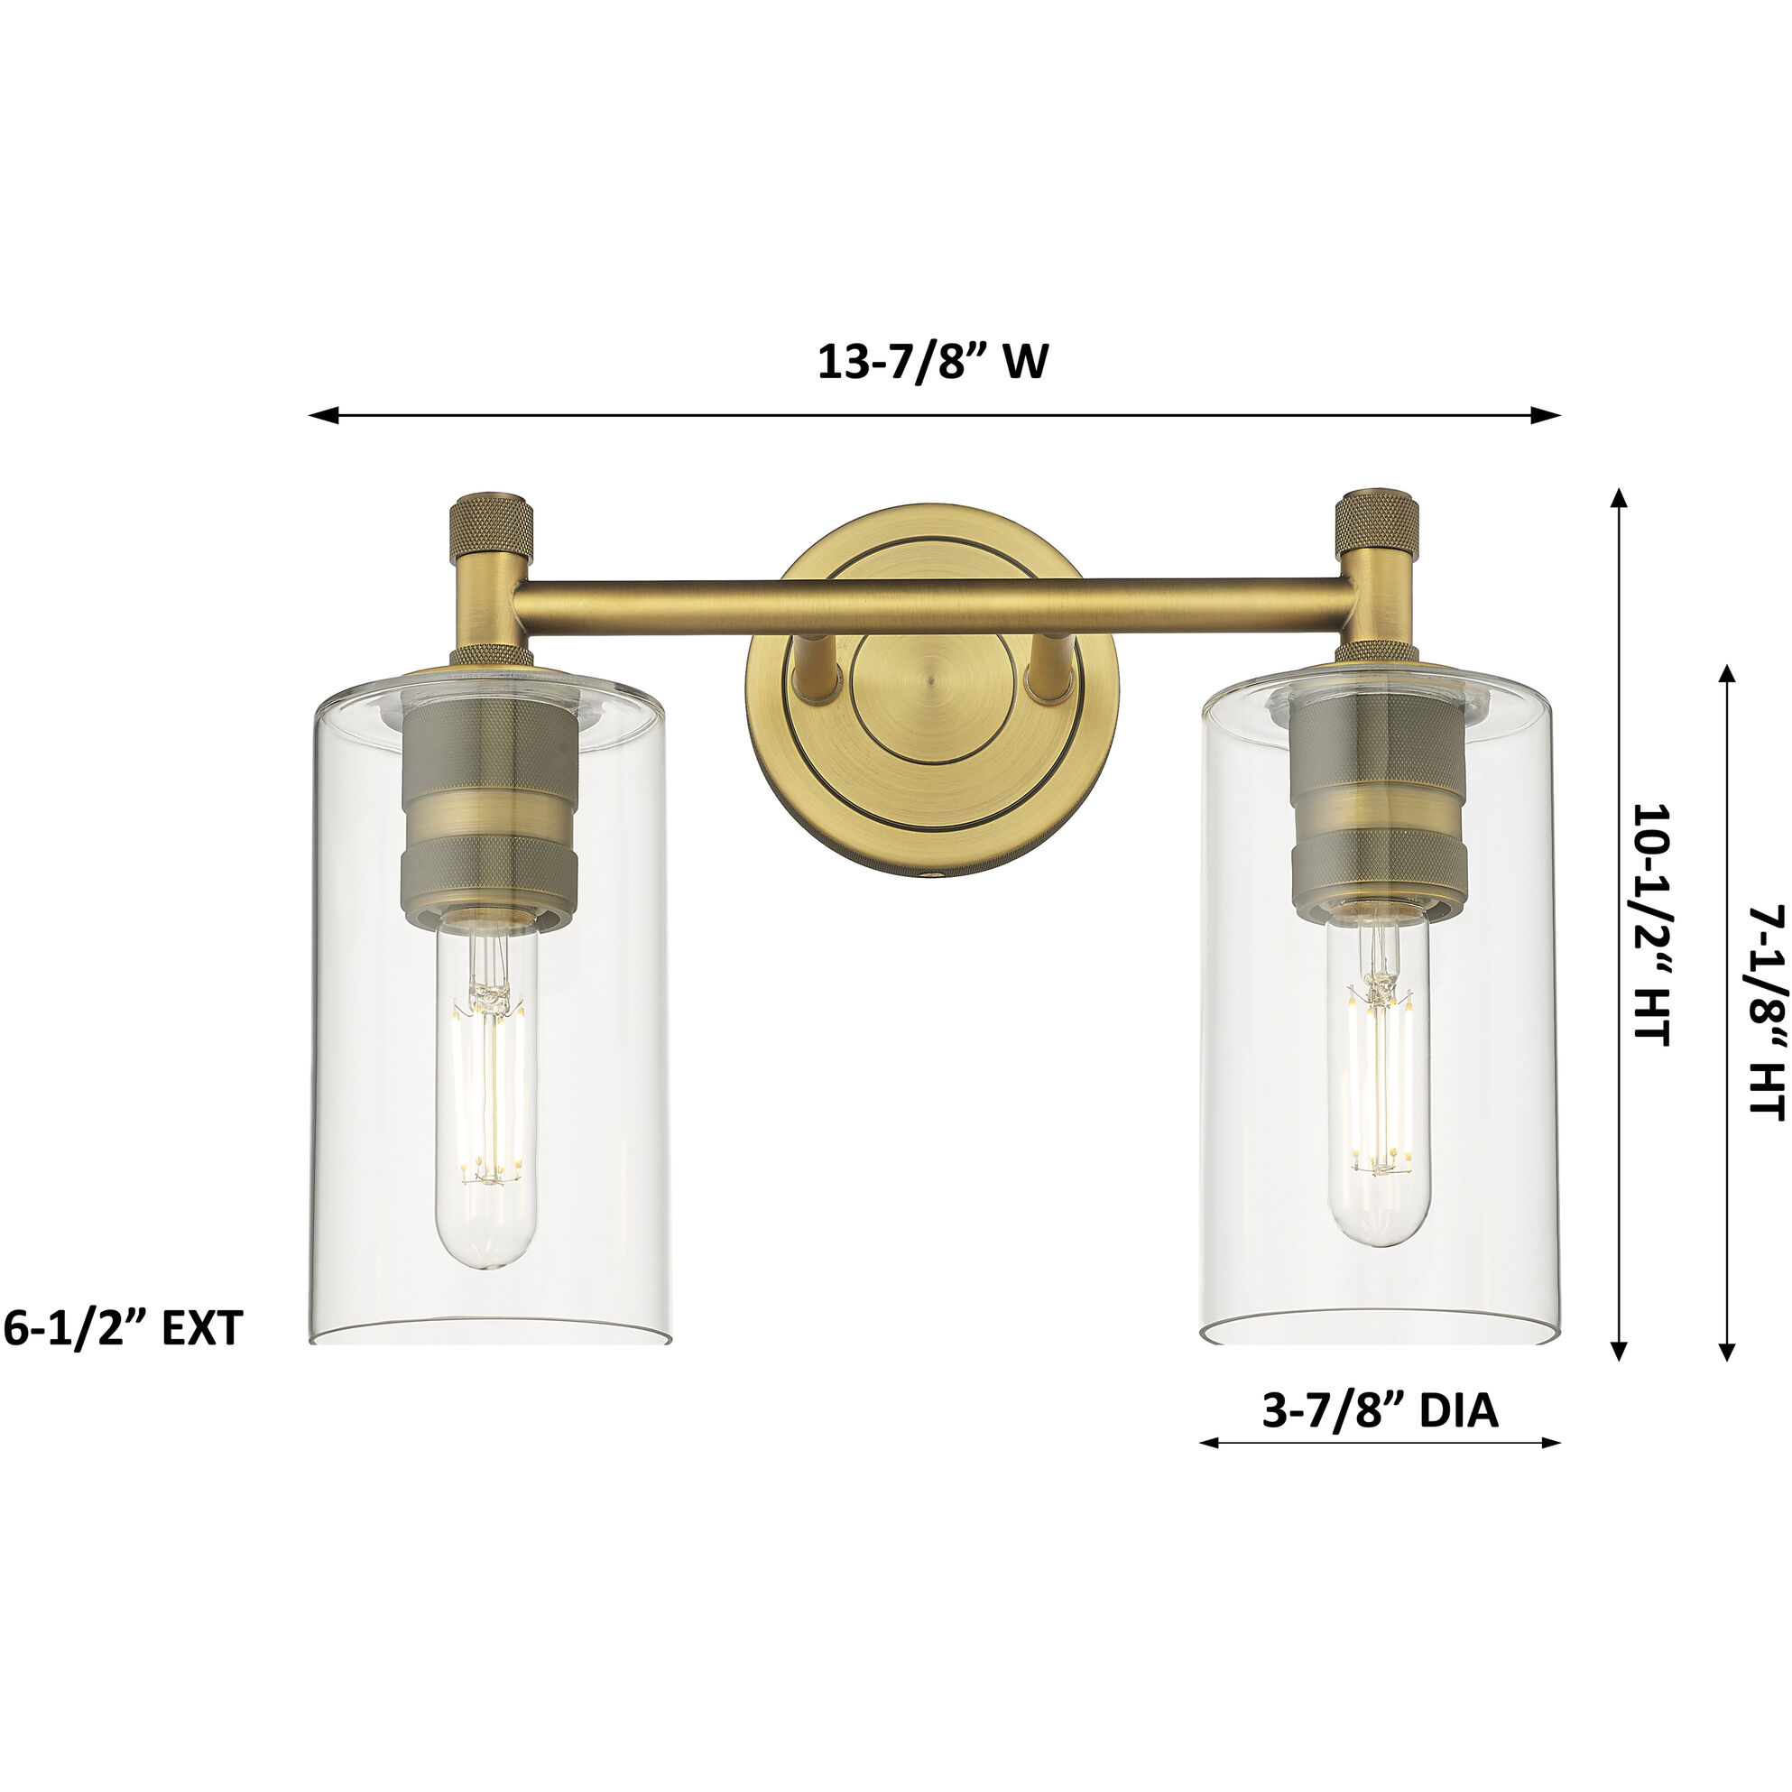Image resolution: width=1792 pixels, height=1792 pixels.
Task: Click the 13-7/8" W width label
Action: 932,362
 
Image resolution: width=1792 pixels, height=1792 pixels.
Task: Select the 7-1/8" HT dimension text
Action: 1765,1013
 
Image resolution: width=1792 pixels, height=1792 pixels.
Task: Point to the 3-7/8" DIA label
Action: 1381,1411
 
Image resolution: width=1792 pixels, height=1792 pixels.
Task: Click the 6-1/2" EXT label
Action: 123,1329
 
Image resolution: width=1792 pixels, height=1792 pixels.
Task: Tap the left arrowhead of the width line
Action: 321,416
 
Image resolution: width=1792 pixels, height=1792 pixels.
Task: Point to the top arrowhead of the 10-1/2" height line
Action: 1620,499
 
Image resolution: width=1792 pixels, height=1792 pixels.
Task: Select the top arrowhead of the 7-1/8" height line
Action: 1726,675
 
